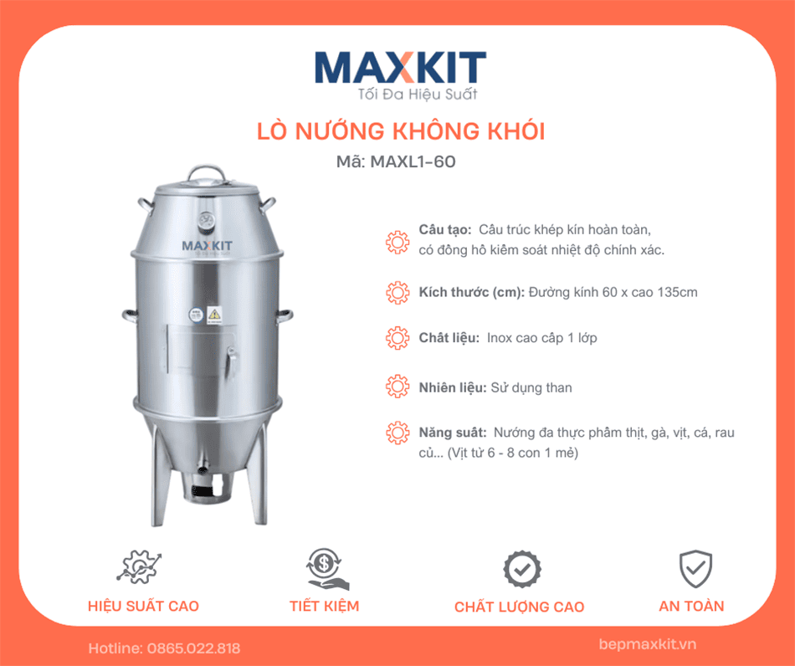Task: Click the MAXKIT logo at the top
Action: [x=399, y=67]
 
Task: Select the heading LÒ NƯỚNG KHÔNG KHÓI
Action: [x=399, y=131]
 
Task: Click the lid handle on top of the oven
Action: [x=206, y=172]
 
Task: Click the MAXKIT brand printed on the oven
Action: [x=207, y=245]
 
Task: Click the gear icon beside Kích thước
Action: [x=397, y=293]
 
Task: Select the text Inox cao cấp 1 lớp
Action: [x=541, y=338]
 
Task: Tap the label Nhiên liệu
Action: [x=453, y=387]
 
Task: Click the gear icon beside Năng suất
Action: [x=397, y=433]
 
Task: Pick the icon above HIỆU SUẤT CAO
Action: [x=139, y=567]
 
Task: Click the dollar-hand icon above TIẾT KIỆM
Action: [x=324, y=567]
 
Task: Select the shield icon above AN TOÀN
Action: [x=695, y=568]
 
